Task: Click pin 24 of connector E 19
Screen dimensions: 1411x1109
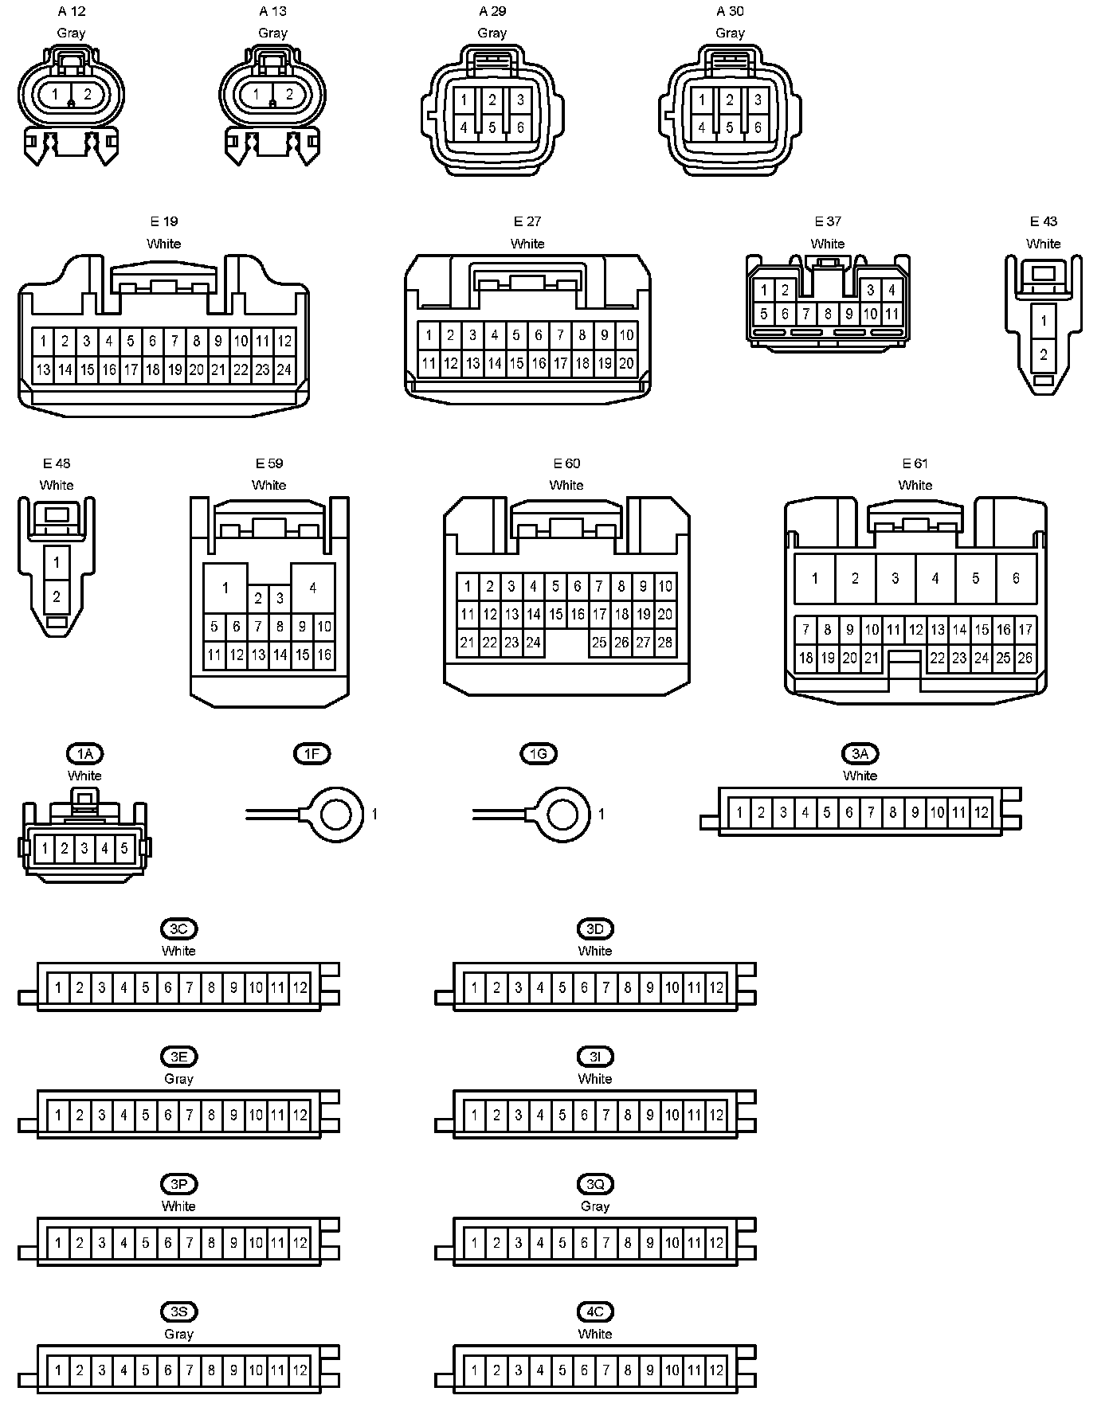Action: pyautogui.click(x=284, y=369)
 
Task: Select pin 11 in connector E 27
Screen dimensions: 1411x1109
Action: pyautogui.click(x=429, y=364)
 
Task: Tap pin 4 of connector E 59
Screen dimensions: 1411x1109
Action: pyautogui.click(x=313, y=588)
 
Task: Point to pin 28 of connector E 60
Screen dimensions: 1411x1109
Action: pyautogui.click(x=665, y=643)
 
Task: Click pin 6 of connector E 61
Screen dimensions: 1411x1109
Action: pyautogui.click(x=1016, y=579)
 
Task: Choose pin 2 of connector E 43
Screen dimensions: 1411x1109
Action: pyautogui.click(x=1044, y=355)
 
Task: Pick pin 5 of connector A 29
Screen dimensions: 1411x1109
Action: pyautogui.click(x=492, y=127)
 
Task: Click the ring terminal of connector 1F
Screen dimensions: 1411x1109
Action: pyautogui.click(x=336, y=814)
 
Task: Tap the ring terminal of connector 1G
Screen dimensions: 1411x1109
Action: pyautogui.click(x=563, y=814)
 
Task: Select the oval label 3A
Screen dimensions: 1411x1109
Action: pyautogui.click(x=860, y=754)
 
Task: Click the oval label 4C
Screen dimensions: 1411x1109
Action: pyautogui.click(x=595, y=1312)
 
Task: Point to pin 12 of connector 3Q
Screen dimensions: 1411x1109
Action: pyautogui.click(x=716, y=1243)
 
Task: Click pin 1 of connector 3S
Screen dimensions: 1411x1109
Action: pyautogui.click(x=58, y=1371)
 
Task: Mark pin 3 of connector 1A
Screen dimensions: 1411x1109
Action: pyautogui.click(x=84, y=849)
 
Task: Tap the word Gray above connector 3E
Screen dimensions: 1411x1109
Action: pyautogui.click(x=178, y=1079)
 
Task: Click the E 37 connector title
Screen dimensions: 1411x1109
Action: pyautogui.click(x=828, y=221)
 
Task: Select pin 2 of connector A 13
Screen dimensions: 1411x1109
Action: pyautogui.click(x=289, y=95)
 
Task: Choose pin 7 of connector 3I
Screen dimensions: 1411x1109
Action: pyautogui.click(x=606, y=1116)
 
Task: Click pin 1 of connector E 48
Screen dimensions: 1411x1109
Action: pyautogui.click(x=57, y=563)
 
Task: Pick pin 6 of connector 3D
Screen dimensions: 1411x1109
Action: pyautogui.click(x=584, y=988)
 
